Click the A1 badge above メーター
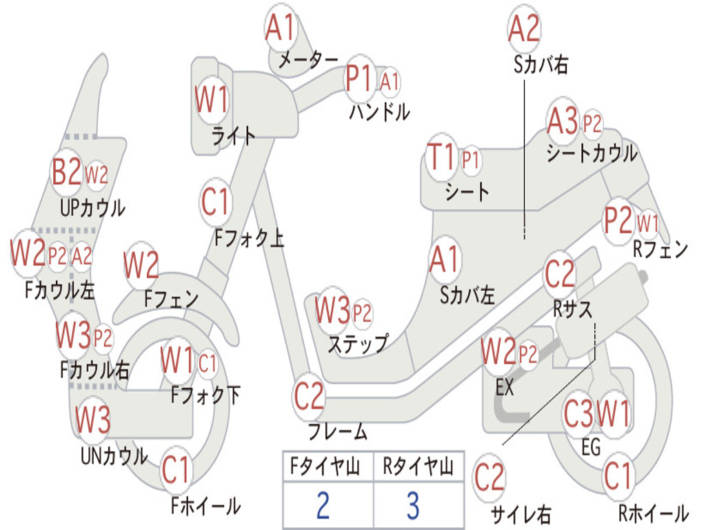coord(281,28)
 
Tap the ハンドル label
coord(379,112)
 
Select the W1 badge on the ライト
coord(211,101)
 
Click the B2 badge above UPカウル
coord(67,173)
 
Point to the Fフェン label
coord(172,300)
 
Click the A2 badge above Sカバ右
coord(524,28)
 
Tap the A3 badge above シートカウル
coord(563,123)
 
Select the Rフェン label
coord(660,249)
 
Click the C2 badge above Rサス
coord(560,275)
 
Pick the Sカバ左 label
coord(467,295)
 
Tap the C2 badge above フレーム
coord(309,397)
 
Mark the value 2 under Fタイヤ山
coord(323,506)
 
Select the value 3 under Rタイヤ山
coord(412,506)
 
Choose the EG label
coord(591,447)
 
